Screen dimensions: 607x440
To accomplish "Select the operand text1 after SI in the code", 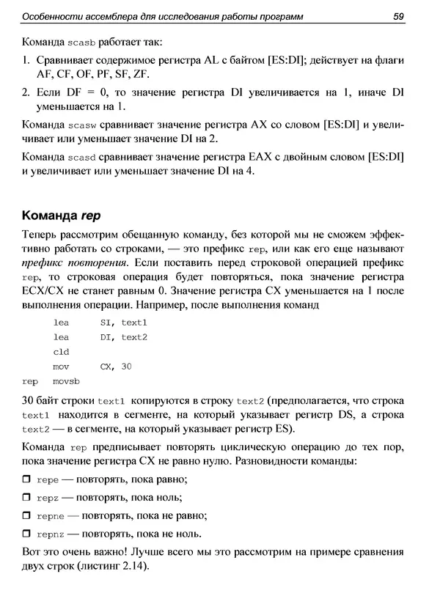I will coord(134,323).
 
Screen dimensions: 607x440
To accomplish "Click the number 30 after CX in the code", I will coord(125,367).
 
